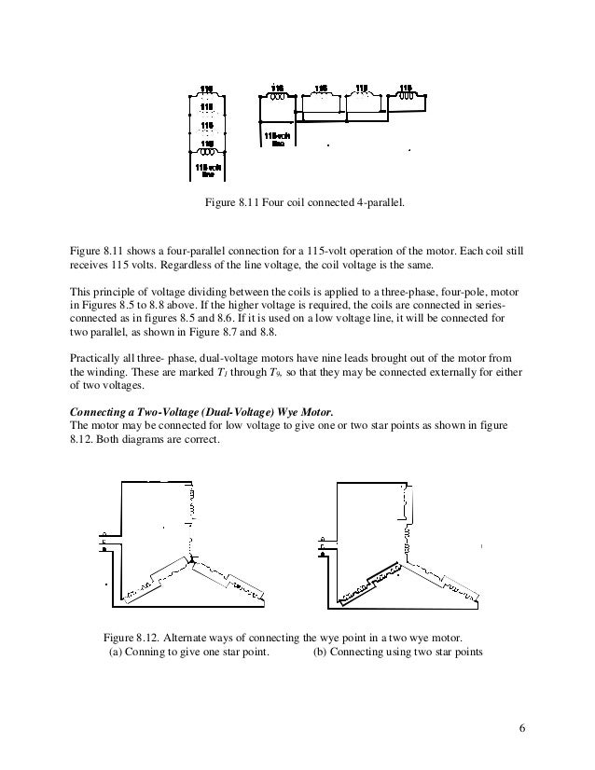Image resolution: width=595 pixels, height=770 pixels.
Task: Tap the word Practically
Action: click(x=96, y=357)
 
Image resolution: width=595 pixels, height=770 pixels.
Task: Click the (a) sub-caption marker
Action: click(x=116, y=653)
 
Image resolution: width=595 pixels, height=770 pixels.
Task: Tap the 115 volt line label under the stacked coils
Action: click(x=207, y=169)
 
